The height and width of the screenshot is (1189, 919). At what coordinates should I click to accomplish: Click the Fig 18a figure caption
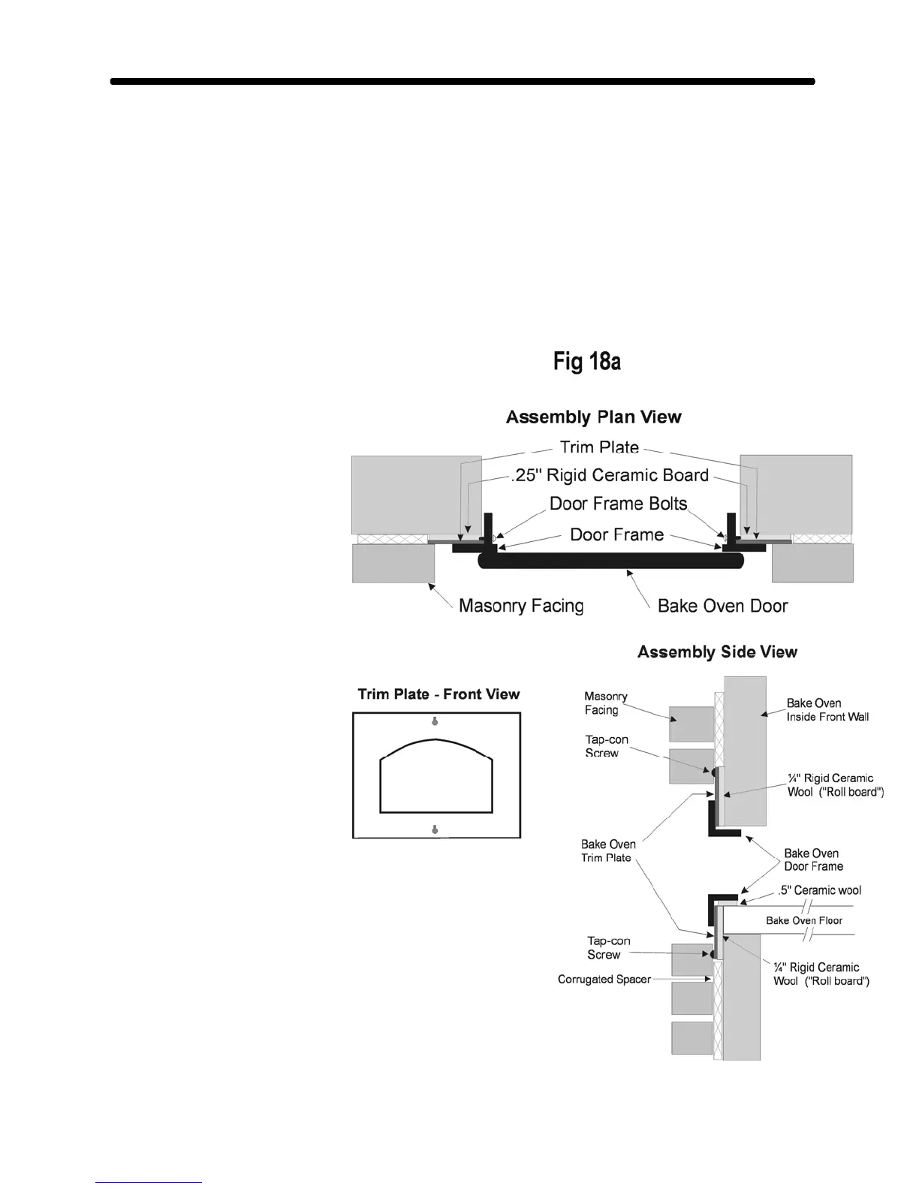tap(586, 362)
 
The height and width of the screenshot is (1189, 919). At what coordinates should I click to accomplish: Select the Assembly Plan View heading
tap(593, 417)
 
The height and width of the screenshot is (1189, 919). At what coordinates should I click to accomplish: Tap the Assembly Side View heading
tap(717, 652)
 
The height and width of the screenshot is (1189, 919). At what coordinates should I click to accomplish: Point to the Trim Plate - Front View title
tap(438, 694)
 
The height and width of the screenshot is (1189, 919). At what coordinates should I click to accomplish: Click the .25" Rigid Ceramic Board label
tap(610, 475)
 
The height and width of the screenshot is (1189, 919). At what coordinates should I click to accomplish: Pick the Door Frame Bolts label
tap(618, 503)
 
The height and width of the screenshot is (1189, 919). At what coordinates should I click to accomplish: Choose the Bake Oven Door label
tap(722, 606)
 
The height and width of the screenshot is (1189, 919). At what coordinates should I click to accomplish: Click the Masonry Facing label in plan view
tap(520, 606)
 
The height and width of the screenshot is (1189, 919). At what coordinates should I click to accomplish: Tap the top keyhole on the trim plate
tap(435, 722)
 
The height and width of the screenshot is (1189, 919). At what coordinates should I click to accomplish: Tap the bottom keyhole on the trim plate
tap(435, 829)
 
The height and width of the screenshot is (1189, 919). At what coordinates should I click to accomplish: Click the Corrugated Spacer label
tap(604, 980)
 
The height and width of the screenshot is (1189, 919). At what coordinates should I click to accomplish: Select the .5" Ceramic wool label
tap(819, 890)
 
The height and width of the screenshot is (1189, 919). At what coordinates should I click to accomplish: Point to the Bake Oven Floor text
tap(803, 920)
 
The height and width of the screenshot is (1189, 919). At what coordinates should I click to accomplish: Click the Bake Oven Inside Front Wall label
tap(827, 710)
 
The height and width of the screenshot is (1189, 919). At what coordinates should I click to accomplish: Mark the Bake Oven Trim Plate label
tap(607, 851)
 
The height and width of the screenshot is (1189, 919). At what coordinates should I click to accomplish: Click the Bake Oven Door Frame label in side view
tap(813, 859)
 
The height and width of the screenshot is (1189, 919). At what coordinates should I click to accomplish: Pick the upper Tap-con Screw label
tap(606, 746)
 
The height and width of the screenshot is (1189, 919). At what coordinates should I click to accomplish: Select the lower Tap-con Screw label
tap(608, 947)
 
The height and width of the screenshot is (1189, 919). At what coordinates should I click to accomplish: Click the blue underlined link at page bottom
tap(149, 1183)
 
